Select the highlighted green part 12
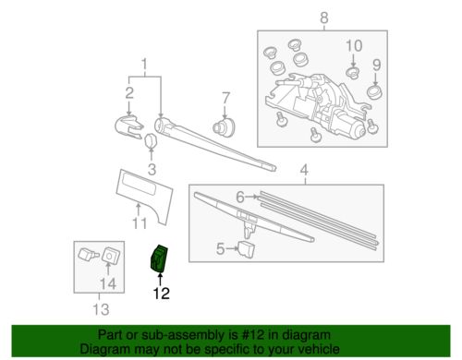pos(160,259)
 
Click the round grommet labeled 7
pos(222,126)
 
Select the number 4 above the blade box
pos(303,170)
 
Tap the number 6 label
pos(238,197)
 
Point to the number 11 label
pos(140,222)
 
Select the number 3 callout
pos(152,168)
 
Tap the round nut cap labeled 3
pos(151,140)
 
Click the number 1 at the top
pos(142,66)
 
